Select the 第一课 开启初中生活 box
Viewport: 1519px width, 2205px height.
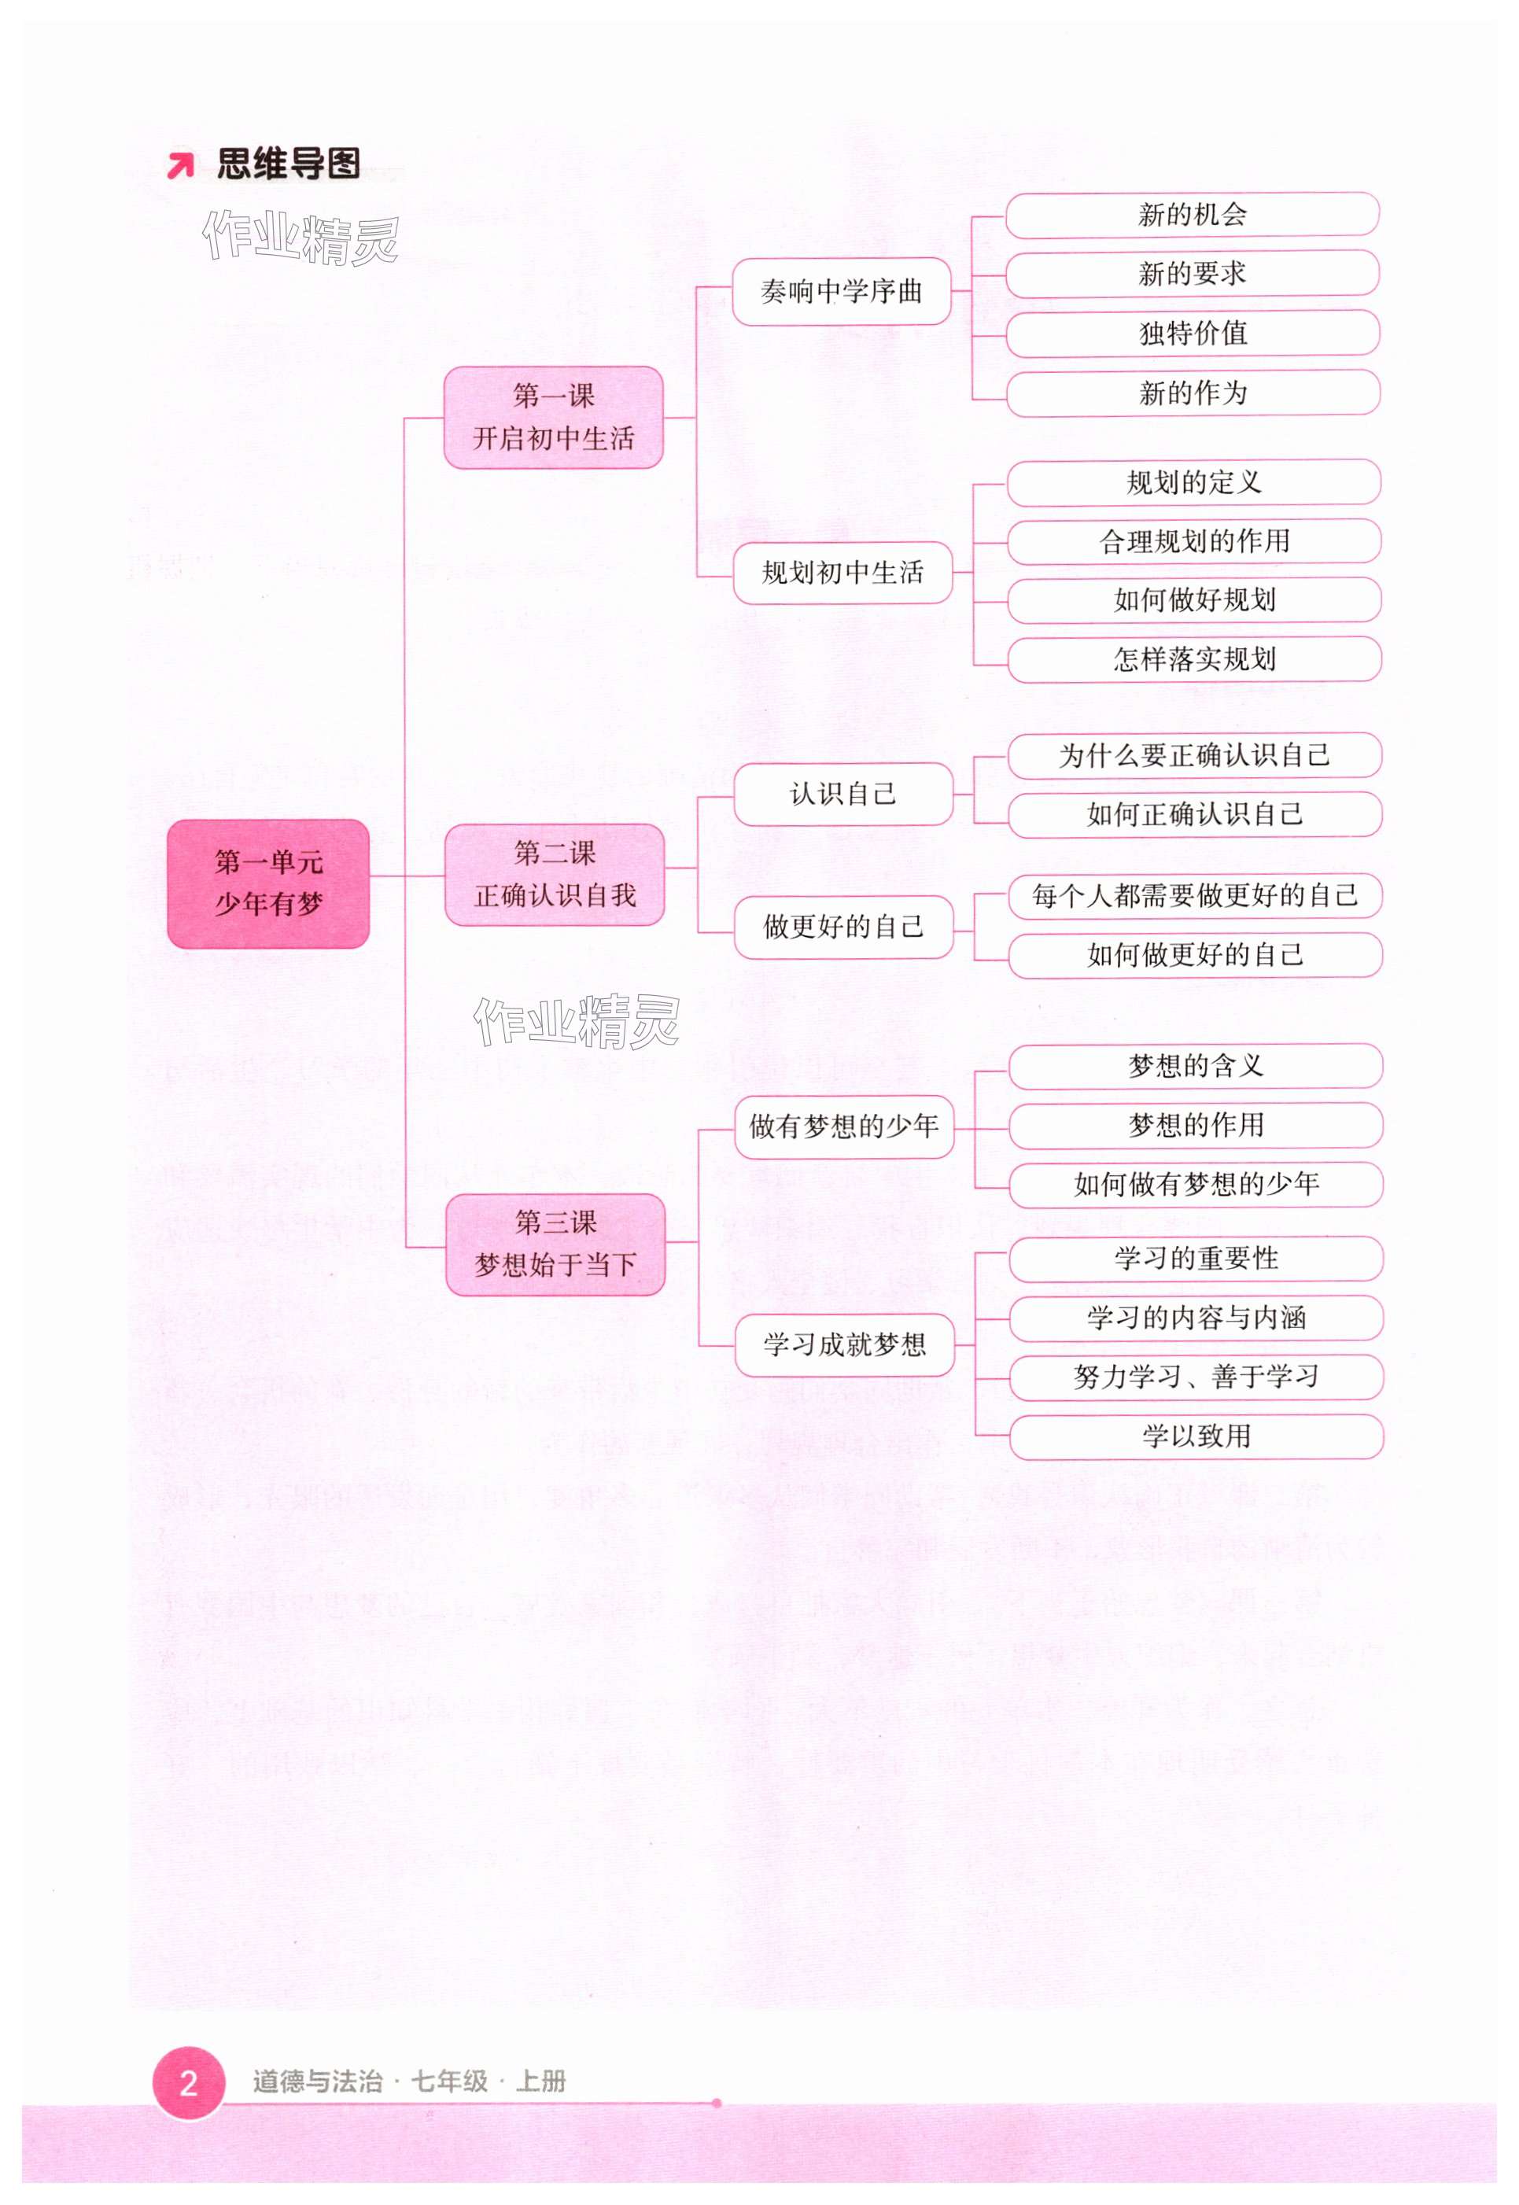click(553, 417)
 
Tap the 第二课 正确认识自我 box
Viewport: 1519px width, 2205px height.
click(554, 874)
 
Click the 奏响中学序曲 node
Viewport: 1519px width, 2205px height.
click(842, 291)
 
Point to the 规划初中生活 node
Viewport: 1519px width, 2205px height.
click(842, 572)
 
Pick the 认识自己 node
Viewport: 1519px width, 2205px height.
click(842, 793)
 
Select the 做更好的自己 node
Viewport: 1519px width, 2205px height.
click(843, 926)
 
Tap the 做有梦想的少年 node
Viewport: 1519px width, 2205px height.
click(843, 1126)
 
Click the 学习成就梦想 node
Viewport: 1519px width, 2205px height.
click(844, 1344)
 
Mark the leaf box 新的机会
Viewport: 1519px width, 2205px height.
click(1192, 214)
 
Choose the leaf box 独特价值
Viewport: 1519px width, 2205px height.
click(1193, 333)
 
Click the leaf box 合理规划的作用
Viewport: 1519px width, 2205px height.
click(1193, 540)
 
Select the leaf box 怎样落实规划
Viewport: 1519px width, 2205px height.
click(1193, 658)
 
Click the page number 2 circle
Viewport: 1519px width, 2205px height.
click(189, 2082)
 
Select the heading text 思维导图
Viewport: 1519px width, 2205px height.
click(289, 164)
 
